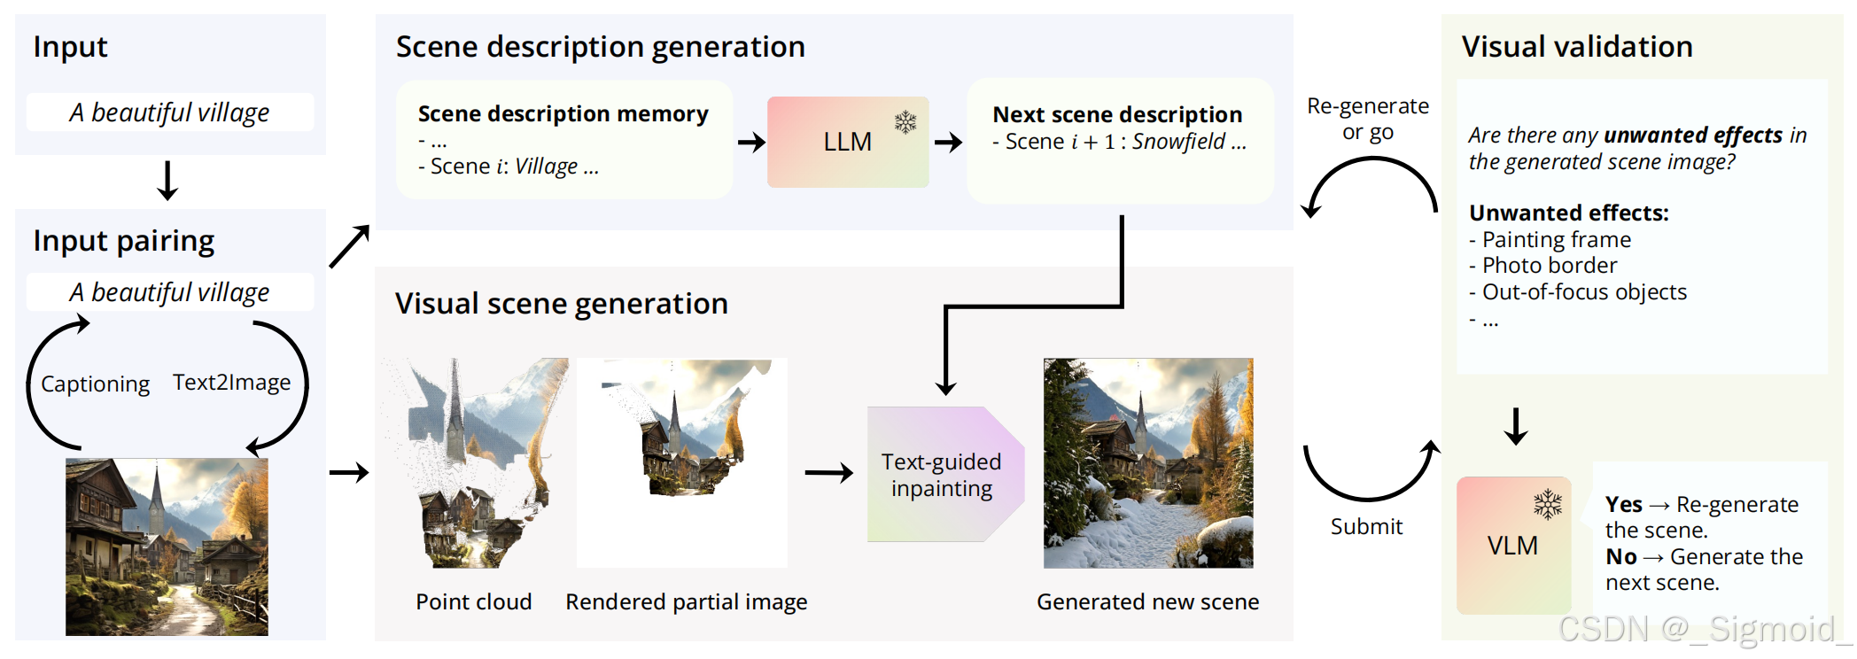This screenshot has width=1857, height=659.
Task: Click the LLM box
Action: click(847, 142)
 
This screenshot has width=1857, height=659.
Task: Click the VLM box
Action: click(1512, 546)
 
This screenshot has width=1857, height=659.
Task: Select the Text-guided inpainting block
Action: click(942, 475)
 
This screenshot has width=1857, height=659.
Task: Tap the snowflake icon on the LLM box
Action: click(905, 121)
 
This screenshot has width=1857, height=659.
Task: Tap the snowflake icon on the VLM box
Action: click(1547, 504)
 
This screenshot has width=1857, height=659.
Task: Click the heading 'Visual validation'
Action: click(1576, 46)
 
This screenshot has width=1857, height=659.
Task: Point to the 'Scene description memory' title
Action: click(563, 113)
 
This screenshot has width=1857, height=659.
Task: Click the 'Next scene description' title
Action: click(1116, 114)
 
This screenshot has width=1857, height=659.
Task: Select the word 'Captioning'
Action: click(95, 384)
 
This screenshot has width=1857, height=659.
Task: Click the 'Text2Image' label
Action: click(231, 382)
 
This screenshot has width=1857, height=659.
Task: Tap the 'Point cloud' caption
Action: click(473, 601)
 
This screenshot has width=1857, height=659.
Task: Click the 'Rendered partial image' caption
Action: click(686, 601)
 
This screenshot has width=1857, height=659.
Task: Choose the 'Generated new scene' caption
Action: click(1147, 601)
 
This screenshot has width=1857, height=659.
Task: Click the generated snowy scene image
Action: click(1147, 462)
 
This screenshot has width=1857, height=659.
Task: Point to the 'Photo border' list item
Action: click(1549, 265)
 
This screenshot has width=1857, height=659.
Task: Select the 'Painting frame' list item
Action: click(1556, 239)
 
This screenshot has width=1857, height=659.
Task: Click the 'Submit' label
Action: click(1366, 526)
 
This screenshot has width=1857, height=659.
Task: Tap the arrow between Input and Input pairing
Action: click(167, 181)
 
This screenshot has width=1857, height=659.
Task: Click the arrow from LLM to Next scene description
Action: click(948, 142)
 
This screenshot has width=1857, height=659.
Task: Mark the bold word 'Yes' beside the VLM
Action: click(1623, 504)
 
